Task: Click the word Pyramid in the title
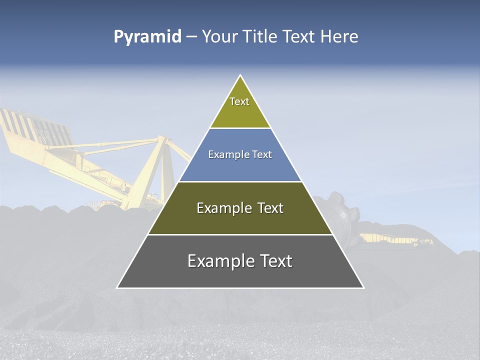(147, 37)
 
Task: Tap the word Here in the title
(339, 37)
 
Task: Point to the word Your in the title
(219, 37)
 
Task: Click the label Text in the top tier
(239, 101)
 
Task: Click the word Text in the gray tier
(274, 261)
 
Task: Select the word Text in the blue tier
(261, 155)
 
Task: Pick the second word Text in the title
(299, 37)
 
